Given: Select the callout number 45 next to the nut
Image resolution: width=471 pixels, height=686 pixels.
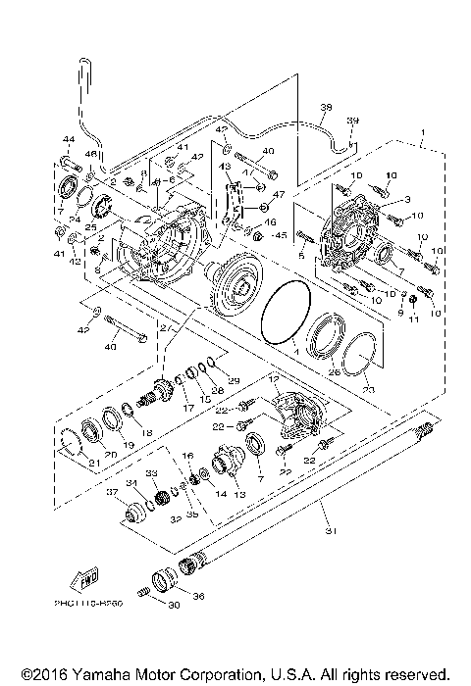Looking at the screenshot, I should (x=280, y=234).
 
